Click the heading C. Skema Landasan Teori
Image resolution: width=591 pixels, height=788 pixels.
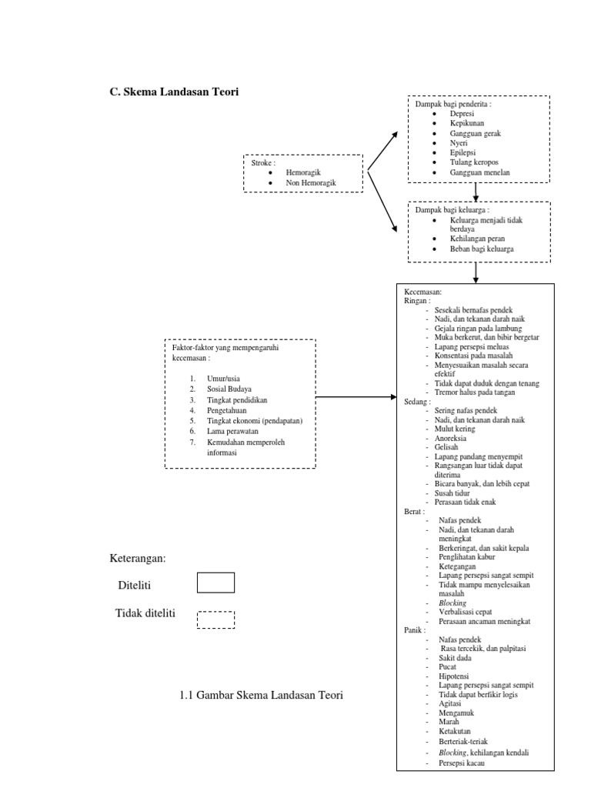click(175, 92)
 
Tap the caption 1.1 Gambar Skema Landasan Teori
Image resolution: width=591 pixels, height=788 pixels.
click(260, 695)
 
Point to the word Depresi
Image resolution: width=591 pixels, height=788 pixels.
click(462, 114)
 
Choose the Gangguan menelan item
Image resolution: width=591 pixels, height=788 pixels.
click(480, 173)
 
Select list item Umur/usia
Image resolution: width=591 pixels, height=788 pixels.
click(223, 379)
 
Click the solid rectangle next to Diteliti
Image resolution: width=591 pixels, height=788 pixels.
click(215, 583)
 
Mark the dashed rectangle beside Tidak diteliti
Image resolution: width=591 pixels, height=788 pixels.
click(215, 619)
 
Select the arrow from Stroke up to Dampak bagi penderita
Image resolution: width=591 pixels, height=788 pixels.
click(382, 150)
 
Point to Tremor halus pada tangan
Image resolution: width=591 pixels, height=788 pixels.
click(475, 392)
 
